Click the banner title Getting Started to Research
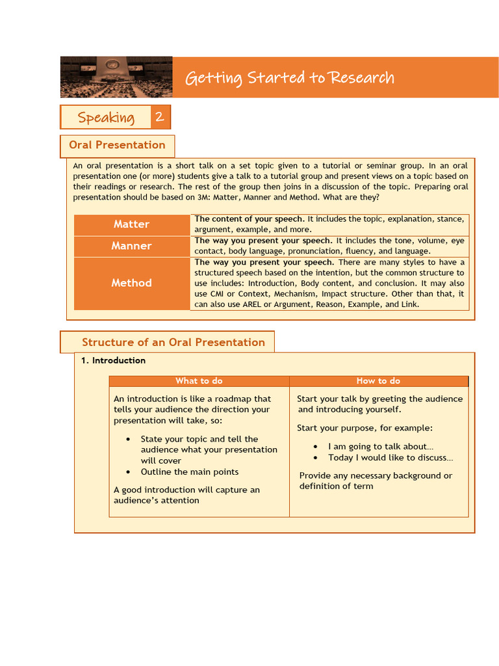289,78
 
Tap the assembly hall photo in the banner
116,77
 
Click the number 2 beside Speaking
160,118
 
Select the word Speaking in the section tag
106,118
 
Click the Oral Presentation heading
117,145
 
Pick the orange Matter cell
131,224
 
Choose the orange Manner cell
131,246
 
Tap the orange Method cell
131,283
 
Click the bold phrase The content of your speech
249,219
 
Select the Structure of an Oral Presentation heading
173,342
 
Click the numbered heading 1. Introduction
113,360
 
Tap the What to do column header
199,381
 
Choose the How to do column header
378,381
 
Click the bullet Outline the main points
189,472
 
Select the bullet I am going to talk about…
380,447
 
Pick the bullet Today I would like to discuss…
390,458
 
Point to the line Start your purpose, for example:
365,428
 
